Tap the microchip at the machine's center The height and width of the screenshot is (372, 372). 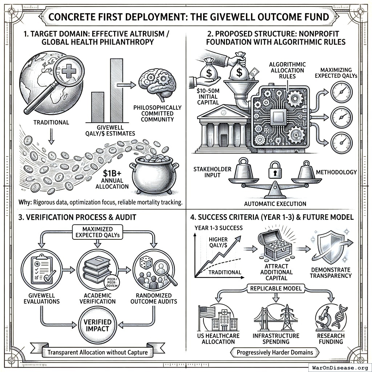(278, 117)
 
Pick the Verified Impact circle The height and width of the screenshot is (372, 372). (97, 325)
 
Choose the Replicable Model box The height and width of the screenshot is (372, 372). (275, 289)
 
